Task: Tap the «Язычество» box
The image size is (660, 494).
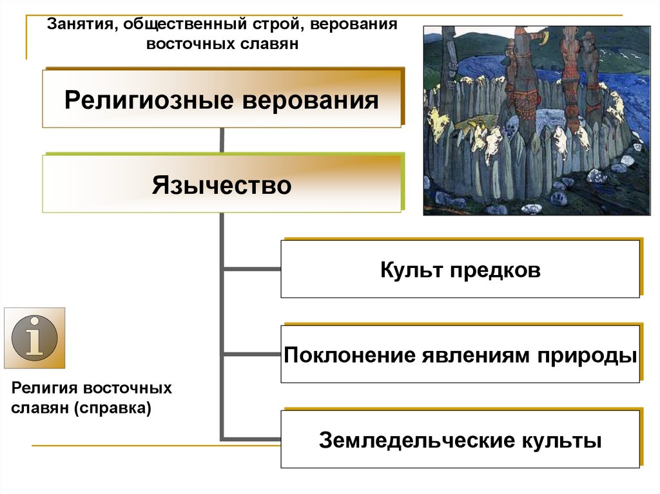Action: tap(222, 185)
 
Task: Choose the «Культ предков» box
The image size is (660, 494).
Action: tap(460, 270)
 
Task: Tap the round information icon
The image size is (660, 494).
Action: tap(35, 337)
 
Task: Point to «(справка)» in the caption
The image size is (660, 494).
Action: tap(112, 408)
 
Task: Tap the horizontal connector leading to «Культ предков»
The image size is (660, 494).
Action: tap(251, 269)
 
